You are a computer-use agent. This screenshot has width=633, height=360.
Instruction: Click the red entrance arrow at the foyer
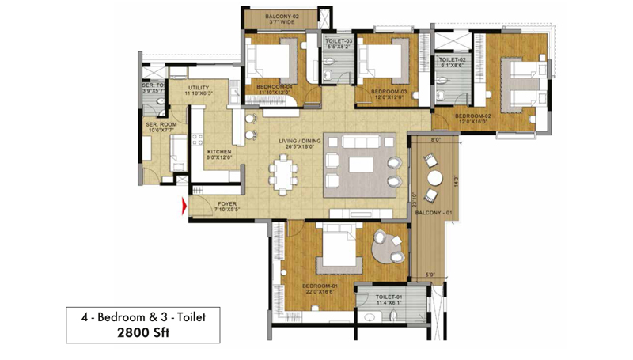[184, 207]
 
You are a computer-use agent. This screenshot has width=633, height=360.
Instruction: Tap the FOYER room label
[229, 203]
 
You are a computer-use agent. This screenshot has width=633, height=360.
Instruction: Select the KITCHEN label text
[218, 151]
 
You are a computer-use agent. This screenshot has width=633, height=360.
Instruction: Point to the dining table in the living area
[283, 173]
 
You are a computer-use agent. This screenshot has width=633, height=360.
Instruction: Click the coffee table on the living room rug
[362, 164]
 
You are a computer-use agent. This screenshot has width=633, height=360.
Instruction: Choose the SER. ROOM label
[160, 125]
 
